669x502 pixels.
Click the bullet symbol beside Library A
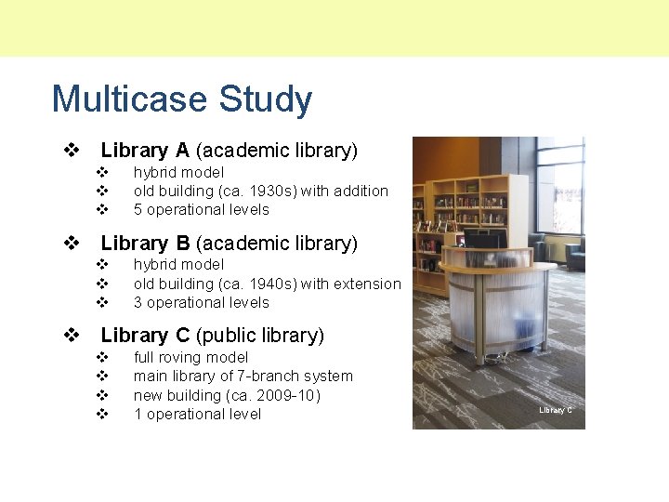click(x=70, y=150)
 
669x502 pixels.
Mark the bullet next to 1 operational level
click(x=103, y=415)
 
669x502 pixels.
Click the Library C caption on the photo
click(x=556, y=410)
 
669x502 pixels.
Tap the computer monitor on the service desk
click(x=485, y=239)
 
